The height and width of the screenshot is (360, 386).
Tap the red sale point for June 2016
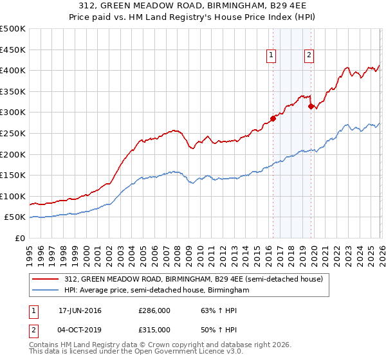pos(273,118)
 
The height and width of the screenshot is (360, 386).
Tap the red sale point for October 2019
pos(311,106)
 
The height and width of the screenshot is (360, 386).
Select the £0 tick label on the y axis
pos(21,238)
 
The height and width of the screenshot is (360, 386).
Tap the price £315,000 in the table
pos(154,329)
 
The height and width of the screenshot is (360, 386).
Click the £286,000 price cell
pos(154,310)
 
